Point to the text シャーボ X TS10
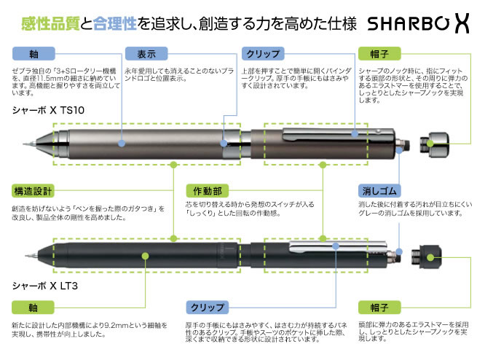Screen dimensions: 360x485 click(49, 110)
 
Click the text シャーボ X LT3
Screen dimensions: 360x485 click(44, 286)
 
